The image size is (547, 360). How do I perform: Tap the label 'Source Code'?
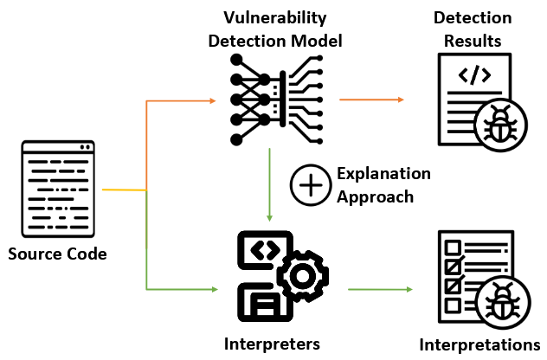(57, 254)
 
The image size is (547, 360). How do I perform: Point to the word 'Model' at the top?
(315, 39)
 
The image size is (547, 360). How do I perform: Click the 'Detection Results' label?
(472, 29)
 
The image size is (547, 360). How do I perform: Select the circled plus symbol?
(308, 186)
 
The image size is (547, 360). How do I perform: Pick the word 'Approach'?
(374, 196)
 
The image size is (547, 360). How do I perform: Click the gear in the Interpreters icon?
(302, 276)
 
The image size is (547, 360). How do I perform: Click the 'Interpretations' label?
(479, 344)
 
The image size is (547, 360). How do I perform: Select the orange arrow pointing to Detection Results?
(372, 100)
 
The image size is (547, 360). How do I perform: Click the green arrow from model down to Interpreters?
(271, 182)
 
